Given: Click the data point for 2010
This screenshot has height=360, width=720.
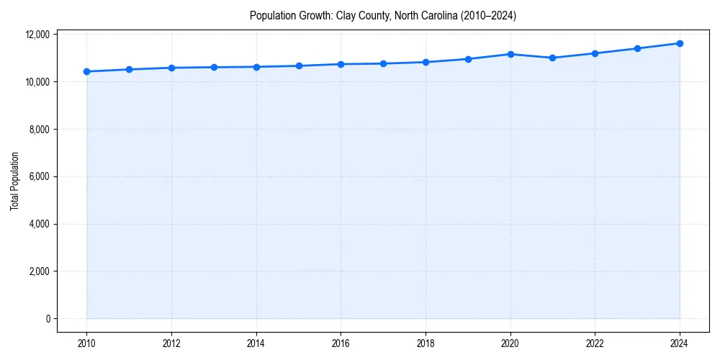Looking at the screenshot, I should (86, 71).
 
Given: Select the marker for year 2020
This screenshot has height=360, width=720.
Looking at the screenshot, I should (510, 54).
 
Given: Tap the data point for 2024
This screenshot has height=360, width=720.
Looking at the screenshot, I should (680, 43).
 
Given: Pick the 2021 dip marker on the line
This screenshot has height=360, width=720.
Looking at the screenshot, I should (553, 58).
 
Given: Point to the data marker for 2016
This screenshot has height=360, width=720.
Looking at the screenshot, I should (341, 64).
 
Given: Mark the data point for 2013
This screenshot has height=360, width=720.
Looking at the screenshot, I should (214, 67).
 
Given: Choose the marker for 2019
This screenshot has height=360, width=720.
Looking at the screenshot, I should (468, 59).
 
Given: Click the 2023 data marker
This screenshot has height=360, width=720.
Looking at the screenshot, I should (637, 48).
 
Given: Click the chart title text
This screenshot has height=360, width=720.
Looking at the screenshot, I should (382, 15).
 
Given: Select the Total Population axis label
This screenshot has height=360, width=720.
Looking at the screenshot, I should (14, 181).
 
